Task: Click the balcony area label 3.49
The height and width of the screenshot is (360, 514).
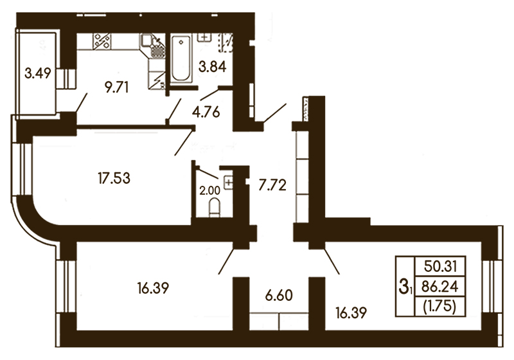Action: (x=38, y=73)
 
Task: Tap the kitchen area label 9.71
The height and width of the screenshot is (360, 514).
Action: (x=116, y=87)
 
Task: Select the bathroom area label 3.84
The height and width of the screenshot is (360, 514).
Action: (x=213, y=67)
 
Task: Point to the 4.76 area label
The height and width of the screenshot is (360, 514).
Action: (x=206, y=113)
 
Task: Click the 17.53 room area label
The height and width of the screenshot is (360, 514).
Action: (x=114, y=178)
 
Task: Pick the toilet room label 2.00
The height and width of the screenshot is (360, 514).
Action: (x=210, y=191)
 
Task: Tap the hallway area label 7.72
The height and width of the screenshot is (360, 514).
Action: (x=272, y=185)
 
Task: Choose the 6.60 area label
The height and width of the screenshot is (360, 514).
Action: (x=279, y=295)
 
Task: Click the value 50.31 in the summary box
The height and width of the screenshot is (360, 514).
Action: (x=440, y=266)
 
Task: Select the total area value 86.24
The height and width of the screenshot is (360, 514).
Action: (x=440, y=287)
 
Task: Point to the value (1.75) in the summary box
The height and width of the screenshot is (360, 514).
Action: (x=440, y=307)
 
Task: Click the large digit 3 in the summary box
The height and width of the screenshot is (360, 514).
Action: (x=403, y=286)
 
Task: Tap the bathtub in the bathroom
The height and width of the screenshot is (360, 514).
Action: (x=181, y=59)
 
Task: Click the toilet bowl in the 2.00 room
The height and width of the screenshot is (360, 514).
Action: (x=215, y=208)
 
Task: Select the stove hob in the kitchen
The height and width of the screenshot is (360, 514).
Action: (x=102, y=41)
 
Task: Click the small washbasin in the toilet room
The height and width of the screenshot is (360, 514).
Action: (x=228, y=182)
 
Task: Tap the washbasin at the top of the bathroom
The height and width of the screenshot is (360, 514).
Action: (x=204, y=37)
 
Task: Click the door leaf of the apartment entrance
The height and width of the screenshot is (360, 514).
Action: (x=275, y=113)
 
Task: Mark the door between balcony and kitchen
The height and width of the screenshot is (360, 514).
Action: (x=82, y=103)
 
